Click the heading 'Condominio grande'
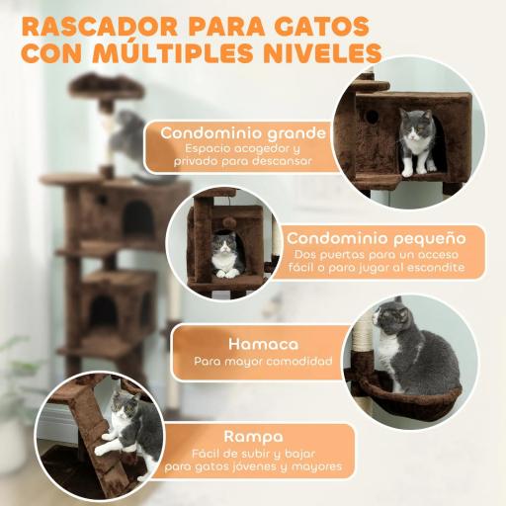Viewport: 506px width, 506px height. click(243, 132)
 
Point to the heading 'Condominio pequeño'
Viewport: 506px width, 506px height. click(376, 237)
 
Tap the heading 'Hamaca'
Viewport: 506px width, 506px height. click(264, 344)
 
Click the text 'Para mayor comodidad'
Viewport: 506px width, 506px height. click(264, 363)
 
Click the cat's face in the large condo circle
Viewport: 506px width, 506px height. click(415, 126)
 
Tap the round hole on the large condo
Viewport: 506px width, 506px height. click(377, 117)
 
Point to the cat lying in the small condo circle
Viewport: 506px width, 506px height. click(227, 255)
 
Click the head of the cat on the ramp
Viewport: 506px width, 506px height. click(125, 405)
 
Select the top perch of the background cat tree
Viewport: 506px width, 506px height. click(108, 88)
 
